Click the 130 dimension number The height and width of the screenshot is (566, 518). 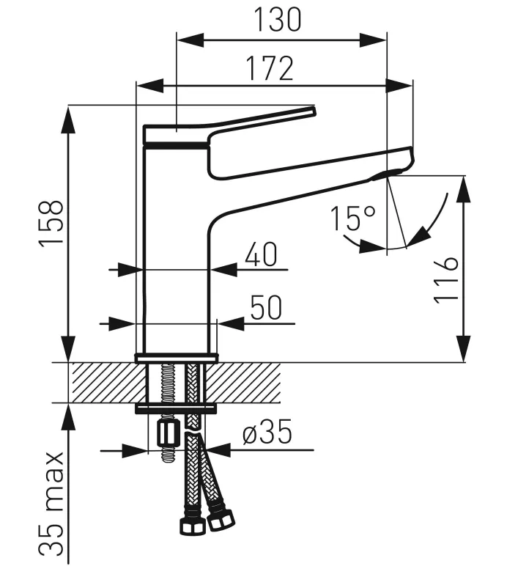point(278,20)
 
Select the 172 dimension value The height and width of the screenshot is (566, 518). point(270,68)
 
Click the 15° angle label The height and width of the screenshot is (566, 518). point(352,218)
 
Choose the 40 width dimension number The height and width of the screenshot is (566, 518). point(259,254)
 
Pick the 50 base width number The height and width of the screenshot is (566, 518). point(264,308)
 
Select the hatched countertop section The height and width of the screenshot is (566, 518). point(103,382)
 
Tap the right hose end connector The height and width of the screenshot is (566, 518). point(218,521)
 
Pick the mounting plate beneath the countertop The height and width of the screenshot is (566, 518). point(176,408)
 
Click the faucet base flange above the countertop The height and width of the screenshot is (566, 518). point(176,358)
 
